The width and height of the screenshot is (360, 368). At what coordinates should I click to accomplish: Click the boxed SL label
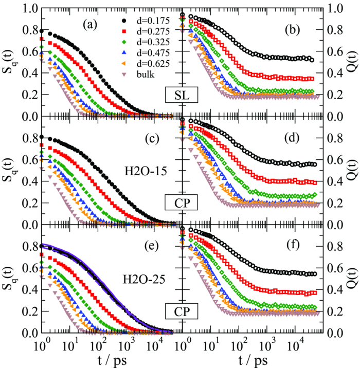pyautogui.click(x=177, y=95)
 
